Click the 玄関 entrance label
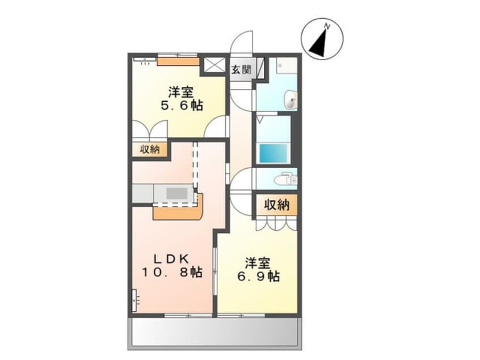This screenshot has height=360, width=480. tap(241, 70)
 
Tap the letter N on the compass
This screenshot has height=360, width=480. tap(327, 27)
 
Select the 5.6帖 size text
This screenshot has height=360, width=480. tap(182, 106)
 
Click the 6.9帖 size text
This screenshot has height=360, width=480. tap(258, 277)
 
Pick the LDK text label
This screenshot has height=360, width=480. tap(171, 259)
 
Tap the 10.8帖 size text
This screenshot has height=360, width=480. tap(172, 272)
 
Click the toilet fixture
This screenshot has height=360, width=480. tap(286, 179)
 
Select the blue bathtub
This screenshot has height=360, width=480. tap(273, 153)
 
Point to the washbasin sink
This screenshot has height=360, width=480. tap(290, 100)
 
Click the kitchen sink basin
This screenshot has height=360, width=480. tap(176, 193)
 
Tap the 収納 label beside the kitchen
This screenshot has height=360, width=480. tap(150, 149)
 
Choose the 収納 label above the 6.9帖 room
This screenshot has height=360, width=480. tap(277, 204)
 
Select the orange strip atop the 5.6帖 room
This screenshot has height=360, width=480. tap(178, 61)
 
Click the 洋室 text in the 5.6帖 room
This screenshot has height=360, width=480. tap(181, 93)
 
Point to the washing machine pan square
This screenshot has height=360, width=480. tap(287, 65)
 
